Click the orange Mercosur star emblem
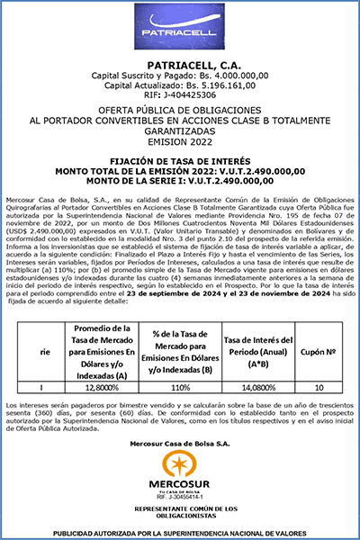coord(180,464)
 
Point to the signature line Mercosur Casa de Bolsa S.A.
coord(179,444)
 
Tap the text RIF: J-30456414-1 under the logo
coord(180,496)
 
